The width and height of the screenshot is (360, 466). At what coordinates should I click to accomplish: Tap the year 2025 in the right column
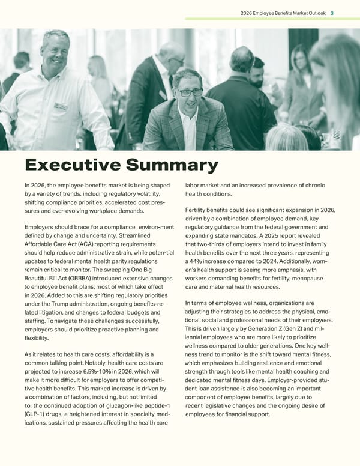(x=281, y=235)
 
